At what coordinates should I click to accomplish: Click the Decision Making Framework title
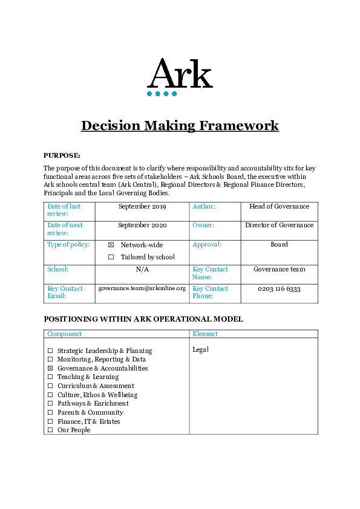(x=180, y=126)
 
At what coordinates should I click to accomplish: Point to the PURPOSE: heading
(x=62, y=155)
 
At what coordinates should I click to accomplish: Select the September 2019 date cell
(x=142, y=207)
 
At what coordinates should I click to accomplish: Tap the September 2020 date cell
(x=142, y=225)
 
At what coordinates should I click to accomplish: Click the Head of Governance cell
(x=279, y=207)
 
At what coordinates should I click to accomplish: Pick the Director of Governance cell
(x=279, y=225)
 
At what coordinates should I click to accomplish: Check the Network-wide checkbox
(x=111, y=245)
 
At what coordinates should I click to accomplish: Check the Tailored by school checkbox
(x=111, y=258)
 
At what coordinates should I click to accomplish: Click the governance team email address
(x=142, y=289)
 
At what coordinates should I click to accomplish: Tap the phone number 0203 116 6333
(x=279, y=289)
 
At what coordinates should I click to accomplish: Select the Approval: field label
(x=207, y=245)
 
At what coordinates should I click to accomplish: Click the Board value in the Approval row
(x=279, y=245)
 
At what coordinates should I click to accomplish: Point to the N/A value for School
(x=142, y=270)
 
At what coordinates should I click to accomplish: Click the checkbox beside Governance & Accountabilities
(x=50, y=369)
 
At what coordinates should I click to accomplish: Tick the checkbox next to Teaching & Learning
(x=50, y=377)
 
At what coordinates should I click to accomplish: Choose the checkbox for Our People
(x=50, y=430)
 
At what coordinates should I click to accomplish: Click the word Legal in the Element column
(x=200, y=349)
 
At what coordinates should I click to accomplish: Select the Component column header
(x=64, y=334)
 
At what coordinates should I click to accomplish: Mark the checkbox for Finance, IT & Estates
(x=50, y=422)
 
